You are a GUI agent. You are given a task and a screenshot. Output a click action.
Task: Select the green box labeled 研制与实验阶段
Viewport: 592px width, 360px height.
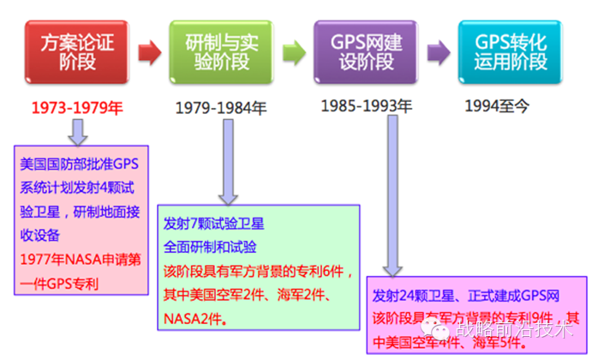tap(222, 50)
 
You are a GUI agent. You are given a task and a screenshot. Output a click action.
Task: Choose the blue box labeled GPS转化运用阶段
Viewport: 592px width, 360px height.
tap(515, 50)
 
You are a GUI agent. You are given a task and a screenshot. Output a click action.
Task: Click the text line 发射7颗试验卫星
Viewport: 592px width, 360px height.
tap(213, 224)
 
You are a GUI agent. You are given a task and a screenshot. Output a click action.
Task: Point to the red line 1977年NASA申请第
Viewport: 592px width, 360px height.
tap(79, 237)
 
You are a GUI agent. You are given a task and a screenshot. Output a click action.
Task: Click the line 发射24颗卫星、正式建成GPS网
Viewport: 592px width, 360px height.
tap(466, 297)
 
